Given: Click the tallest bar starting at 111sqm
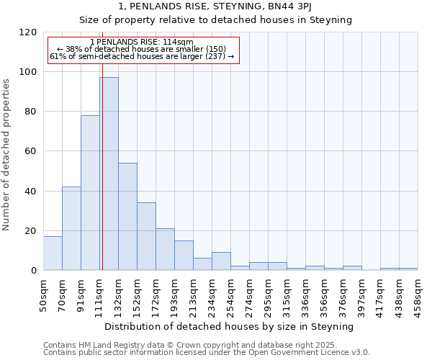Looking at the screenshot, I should click(x=109, y=174).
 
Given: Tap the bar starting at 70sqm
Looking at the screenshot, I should click(x=71, y=228).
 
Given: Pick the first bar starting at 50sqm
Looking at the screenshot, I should click(x=53, y=253).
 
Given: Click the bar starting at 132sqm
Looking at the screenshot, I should click(x=127, y=216).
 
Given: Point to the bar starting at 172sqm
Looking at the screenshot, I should click(x=165, y=249).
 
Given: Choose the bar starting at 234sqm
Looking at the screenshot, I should click(x=221, y=261).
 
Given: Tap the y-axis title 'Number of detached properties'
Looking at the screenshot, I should click(x=7, y=155).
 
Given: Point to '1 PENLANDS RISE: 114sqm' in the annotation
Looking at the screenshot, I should click(x=142, y=42).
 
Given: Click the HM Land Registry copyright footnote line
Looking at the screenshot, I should click(x=196, y=345).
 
